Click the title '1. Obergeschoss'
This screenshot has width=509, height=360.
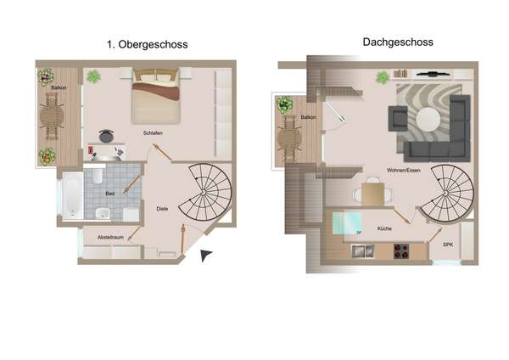coord(148,44)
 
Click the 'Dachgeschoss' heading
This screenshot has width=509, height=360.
coord(398,42)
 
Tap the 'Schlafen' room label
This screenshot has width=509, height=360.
coord(153,133)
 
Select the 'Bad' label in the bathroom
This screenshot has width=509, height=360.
coord(110,194)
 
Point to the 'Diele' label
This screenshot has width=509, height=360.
coord(162,209)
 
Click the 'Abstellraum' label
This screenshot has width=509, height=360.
coord(110,238)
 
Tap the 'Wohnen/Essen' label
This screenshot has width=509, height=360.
coord(404,170)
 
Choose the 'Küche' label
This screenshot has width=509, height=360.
coord(384,228)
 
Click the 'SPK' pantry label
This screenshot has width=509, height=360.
coord(448,245)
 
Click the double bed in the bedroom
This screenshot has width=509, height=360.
coord(155,96)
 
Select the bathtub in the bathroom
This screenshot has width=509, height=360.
coord(72,195)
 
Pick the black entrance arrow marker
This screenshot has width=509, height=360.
coord(205,255)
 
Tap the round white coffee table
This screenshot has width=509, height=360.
coord(428,119)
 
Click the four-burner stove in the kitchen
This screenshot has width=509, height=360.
coord(401,251)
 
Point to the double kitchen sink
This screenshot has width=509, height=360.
coord(363,251)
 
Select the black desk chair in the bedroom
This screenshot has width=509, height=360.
coord(106,136)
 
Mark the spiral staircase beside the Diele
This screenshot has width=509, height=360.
coord(205,193)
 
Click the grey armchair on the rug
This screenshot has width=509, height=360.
coord(398,119)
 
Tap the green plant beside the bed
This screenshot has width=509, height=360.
coord(93,76)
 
